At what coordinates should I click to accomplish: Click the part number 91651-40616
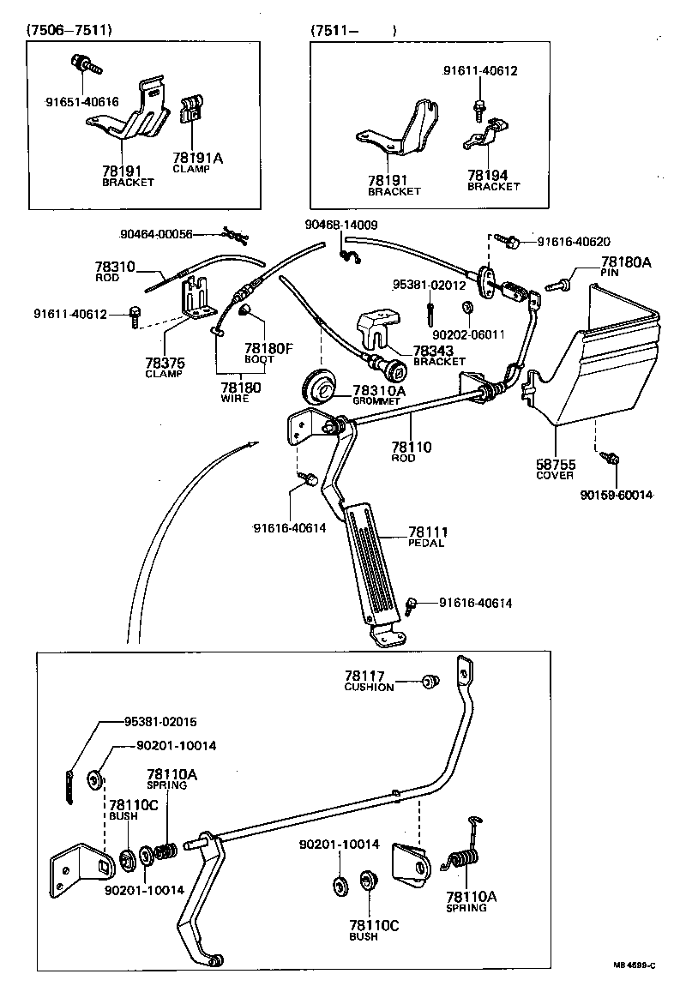tap(82, 101)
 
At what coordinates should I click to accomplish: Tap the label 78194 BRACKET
tap(493, 179)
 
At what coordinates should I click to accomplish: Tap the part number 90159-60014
tap(617, 495)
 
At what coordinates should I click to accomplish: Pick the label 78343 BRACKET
tap(438, 355)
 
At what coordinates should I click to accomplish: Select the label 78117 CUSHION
tap(369, 682)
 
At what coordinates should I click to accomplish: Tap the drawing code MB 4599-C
tap(634, 965)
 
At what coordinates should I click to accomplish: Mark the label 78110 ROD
tap(412, 452)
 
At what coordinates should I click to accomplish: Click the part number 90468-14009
tap(341, 225)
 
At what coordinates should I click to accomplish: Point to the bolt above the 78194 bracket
tap(478, 107)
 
